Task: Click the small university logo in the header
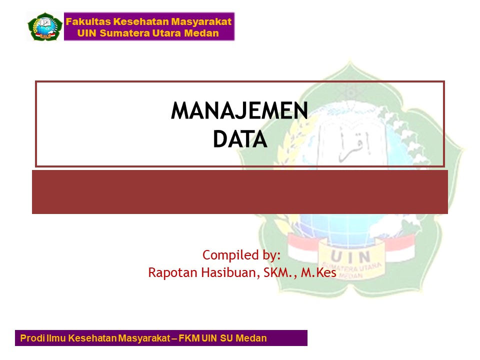click(44, 26)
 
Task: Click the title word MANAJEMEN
click(239, 110)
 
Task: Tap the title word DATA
click(240, 139)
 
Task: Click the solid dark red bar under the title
click(240, 192)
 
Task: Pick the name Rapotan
click(172, 272)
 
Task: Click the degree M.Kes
click(318, 272)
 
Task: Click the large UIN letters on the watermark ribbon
click(350, 256)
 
